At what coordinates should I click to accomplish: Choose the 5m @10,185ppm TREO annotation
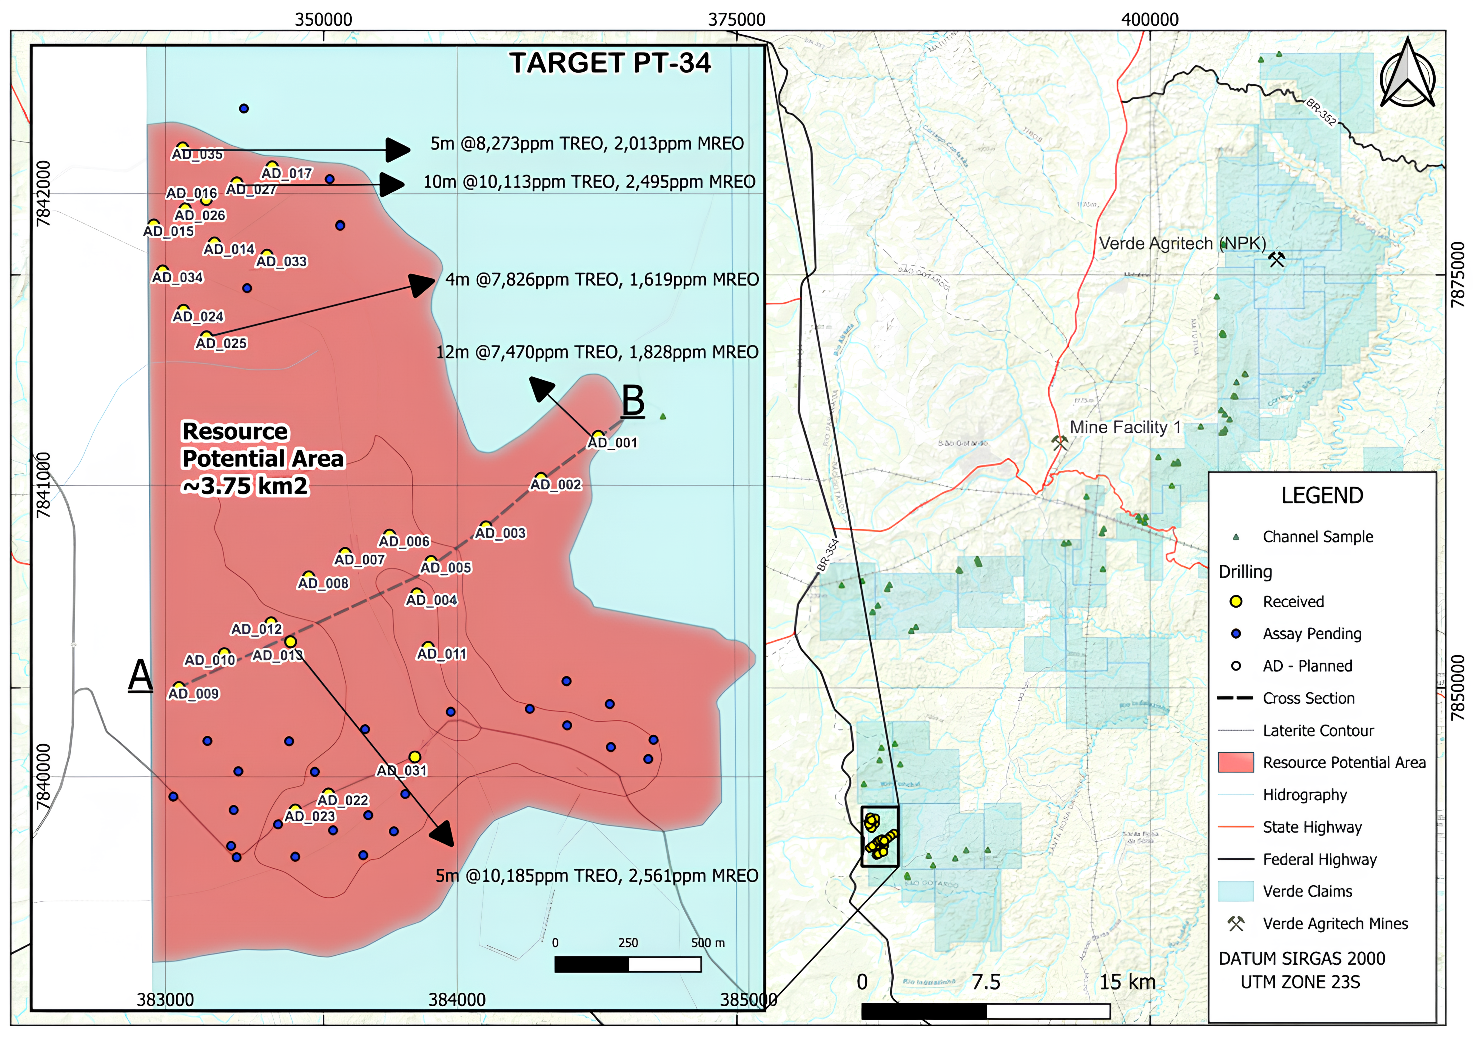coord(597,876)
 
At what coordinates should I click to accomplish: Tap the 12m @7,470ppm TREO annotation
coord(597,352)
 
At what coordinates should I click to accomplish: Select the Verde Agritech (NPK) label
coord(1182,244)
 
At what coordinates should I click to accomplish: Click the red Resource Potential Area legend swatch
coord(1236,763)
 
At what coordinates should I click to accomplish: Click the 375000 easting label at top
coord(736,20)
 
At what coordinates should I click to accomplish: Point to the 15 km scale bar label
coord(1127,982)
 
